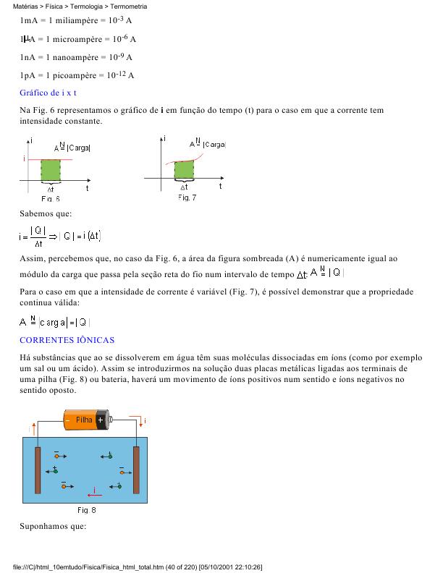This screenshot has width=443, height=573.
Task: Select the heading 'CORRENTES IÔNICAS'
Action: [67, 339]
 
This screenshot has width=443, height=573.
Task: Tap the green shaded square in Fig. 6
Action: [50, 170]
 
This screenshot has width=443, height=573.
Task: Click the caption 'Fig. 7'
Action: [186, 198]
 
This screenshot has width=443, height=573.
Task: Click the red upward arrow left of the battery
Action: [30, 427]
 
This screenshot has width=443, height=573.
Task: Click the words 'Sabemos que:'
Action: [46, 213]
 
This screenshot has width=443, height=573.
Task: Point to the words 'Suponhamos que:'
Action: [53, 526]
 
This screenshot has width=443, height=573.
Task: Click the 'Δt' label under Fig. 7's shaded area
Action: [184, 187]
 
